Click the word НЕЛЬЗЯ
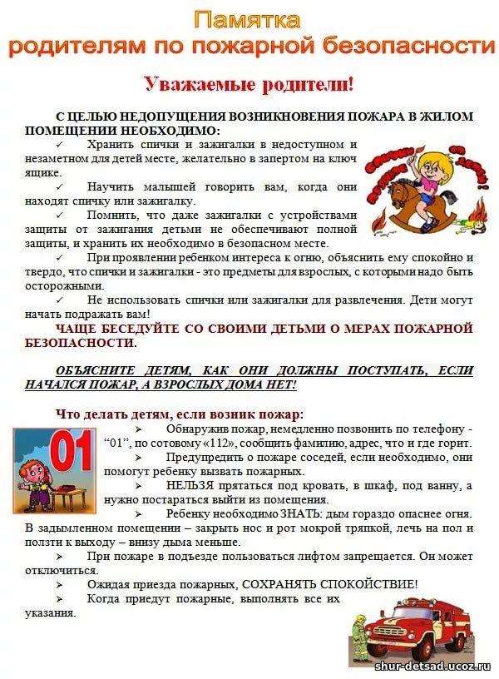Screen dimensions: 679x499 point(189,486)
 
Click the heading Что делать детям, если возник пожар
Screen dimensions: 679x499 point(179,414)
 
